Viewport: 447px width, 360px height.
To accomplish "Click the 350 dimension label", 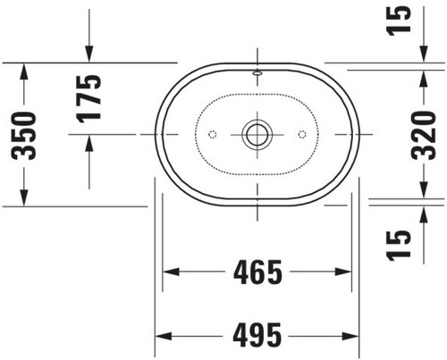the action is coord(24,136).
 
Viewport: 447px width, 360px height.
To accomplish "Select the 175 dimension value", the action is coord(89,99).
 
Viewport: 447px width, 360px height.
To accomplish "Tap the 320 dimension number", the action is coord(424,136).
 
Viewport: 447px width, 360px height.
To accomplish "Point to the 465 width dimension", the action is coord(257,272).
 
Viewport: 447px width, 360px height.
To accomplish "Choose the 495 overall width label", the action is coord(257,336).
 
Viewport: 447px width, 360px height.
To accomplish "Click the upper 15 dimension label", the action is coord(399,21).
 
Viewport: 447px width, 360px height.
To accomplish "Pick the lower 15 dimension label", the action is coord(399,246).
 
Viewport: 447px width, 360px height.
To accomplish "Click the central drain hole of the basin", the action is coord(257,134).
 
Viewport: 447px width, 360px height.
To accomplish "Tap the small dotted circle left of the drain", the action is coord(213,134).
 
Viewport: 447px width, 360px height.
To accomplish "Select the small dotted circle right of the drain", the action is coord(302,134).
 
